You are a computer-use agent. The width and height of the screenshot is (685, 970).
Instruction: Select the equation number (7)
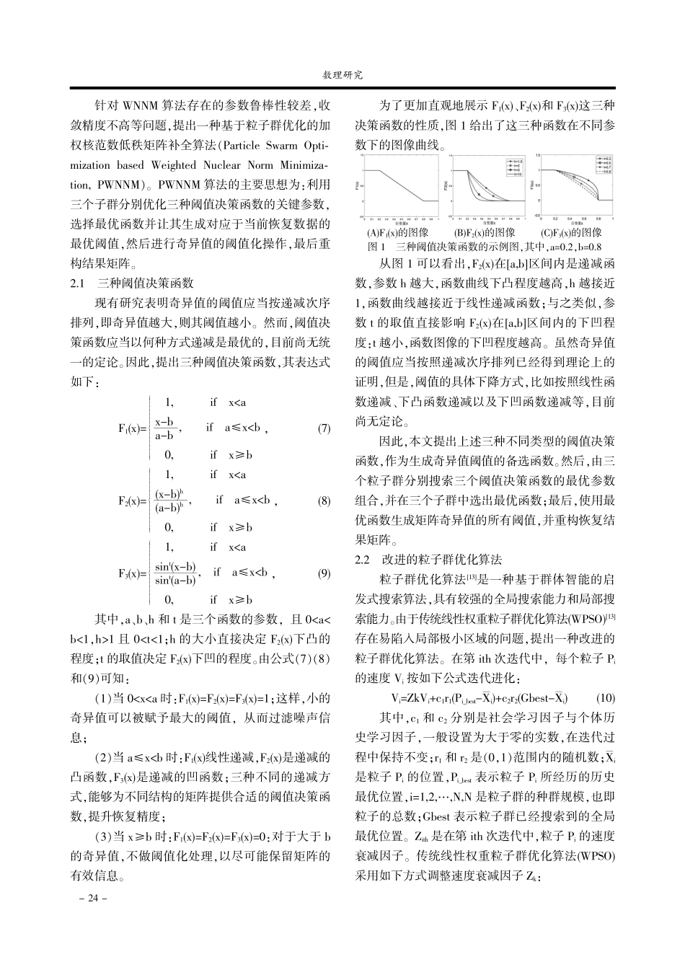pos(324,428)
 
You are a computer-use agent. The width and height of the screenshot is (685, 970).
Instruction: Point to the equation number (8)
pos(324,501)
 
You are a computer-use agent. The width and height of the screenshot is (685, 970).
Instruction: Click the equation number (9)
pos(324,573)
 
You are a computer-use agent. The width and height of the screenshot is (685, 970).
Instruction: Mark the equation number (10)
pos(606,698)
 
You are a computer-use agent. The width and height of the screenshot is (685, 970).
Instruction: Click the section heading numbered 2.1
pos(132,283)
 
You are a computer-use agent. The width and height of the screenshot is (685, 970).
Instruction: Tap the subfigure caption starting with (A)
pos(398,233)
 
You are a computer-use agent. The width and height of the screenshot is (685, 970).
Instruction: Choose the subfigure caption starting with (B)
pos(485,233)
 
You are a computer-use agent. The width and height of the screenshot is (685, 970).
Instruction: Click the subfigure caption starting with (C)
pos(571,233)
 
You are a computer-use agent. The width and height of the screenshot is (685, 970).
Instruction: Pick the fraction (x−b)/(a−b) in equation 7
pos(165,428)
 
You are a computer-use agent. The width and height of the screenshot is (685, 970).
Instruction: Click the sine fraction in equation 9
pos(176,573)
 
